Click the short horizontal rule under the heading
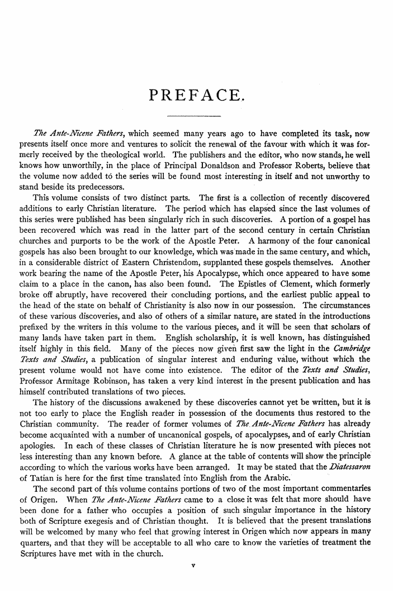tap(195, 116)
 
